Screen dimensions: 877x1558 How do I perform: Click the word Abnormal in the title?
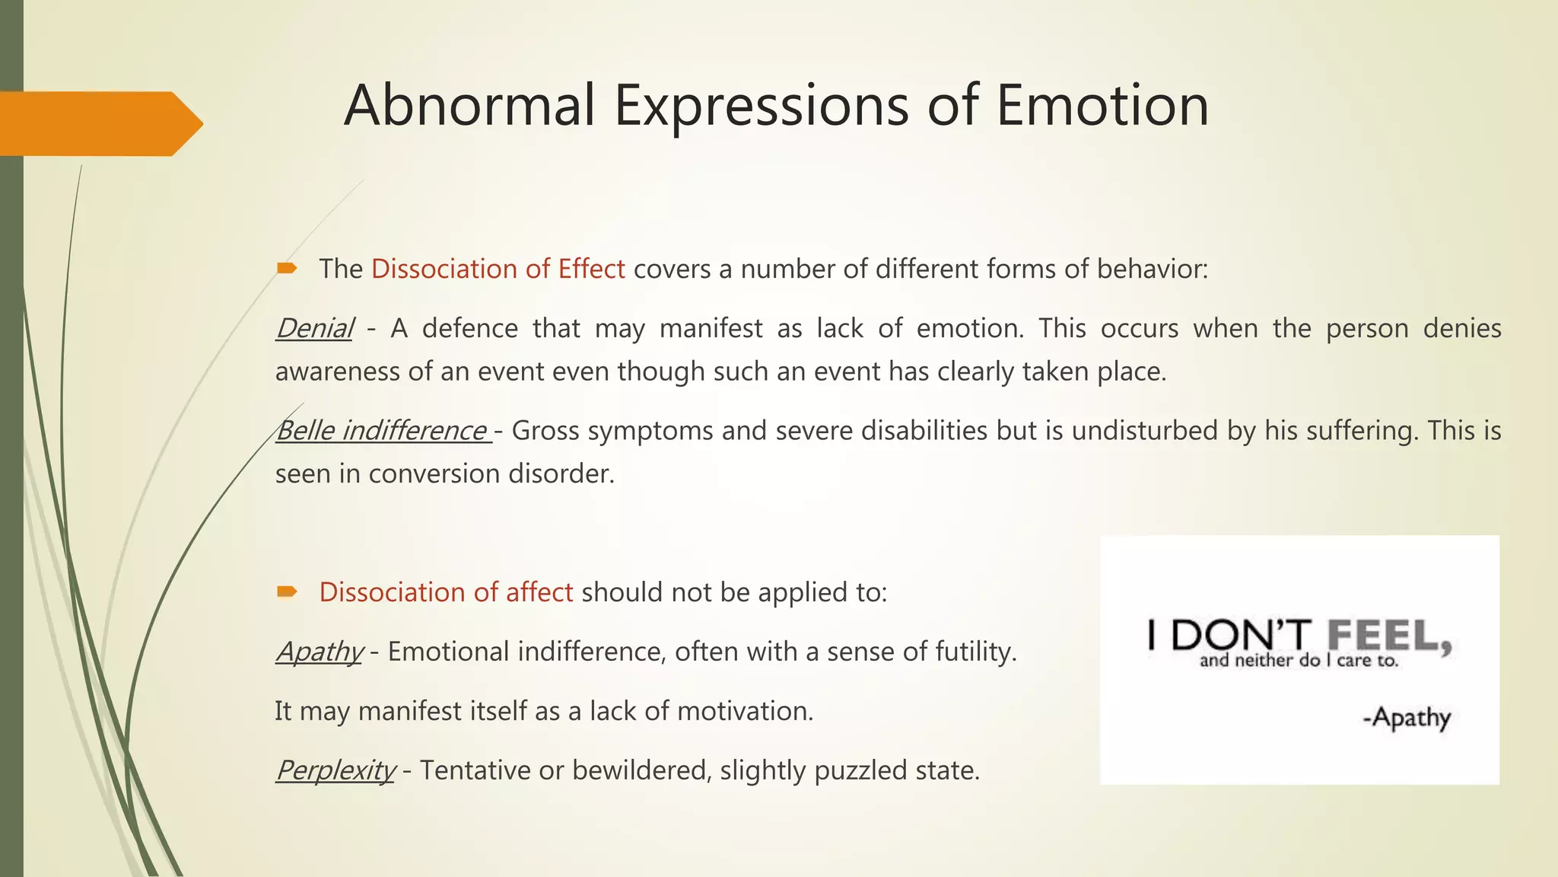point(469,105)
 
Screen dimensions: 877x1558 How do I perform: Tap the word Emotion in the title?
point(1102,105)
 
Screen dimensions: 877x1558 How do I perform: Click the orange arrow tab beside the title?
point(99,123)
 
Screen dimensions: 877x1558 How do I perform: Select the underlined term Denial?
point(314,328)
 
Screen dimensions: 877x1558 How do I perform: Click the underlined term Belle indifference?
point(382,430)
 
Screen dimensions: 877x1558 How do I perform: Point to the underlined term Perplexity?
point(335,770)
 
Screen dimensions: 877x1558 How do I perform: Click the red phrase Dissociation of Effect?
point(498,269)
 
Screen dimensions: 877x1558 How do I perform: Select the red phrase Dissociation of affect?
point(446,592)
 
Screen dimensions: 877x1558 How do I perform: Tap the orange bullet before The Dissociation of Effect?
point(287,268)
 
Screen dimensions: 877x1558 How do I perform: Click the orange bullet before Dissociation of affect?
point(287,592)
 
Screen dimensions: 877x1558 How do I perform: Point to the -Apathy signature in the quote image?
point(1407,717)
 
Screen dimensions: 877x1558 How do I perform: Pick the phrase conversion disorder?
point(491,474)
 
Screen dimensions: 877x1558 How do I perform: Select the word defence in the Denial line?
point(469,328)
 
